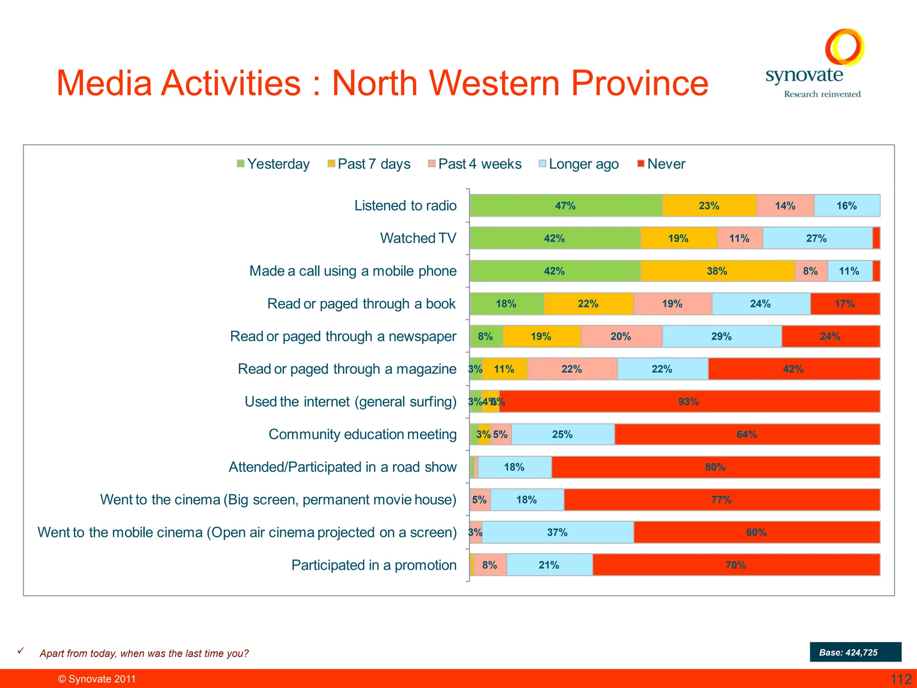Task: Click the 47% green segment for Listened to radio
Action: pos(566,206)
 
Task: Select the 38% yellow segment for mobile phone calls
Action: pos(717,271)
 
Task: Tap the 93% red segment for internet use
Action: pos(689,401)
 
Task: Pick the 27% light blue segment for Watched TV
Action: pos(817,238)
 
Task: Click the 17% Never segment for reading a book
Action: pos(844,304)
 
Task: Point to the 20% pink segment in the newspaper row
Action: pos(621,336)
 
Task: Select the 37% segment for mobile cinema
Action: pos(557,532)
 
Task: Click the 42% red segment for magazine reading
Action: pos(793,369)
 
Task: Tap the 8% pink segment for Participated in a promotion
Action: pos(490,565)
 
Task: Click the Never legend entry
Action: pos(661,164)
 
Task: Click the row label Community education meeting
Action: pos(362,434)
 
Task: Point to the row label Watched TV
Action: pos(418,238)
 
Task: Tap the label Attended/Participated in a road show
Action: pos(343,467)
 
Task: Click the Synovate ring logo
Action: pos(844,47)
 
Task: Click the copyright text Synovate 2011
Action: pos(97,679)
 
